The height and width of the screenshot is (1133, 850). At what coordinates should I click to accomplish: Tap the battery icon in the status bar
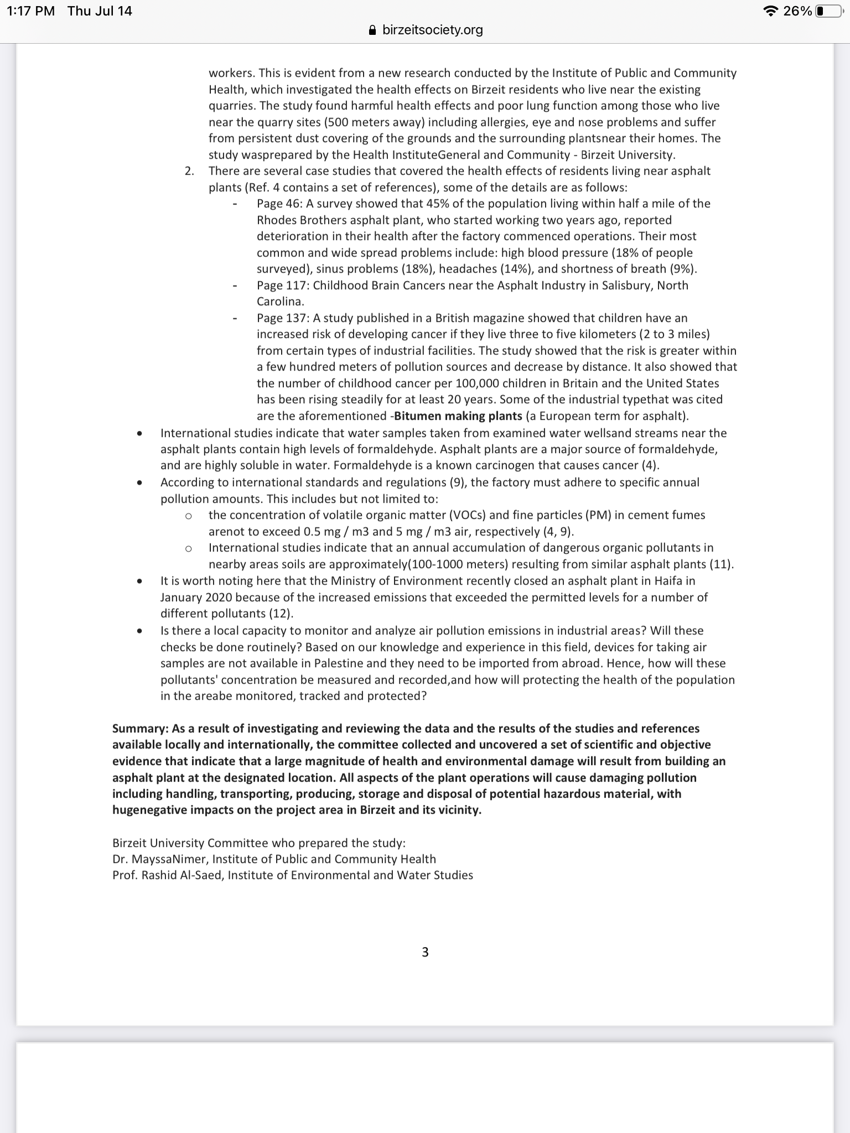[828, 11]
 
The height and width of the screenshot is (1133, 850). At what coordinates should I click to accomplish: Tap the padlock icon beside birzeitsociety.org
[373, 30]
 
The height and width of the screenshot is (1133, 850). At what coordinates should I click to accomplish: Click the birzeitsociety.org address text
[433, 30]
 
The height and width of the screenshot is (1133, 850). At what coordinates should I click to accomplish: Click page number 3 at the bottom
[425, 952]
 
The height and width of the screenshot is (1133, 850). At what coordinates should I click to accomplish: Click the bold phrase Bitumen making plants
[458, 415]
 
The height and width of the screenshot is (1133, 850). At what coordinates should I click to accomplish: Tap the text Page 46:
[279, 204]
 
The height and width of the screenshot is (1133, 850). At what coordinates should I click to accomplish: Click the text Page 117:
[283, 285]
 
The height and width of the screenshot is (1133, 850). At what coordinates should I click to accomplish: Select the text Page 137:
[283, 318]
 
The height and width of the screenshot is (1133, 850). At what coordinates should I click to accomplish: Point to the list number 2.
[189, 171]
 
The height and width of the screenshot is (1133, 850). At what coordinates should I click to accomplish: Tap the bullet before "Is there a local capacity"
[140, 631]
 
